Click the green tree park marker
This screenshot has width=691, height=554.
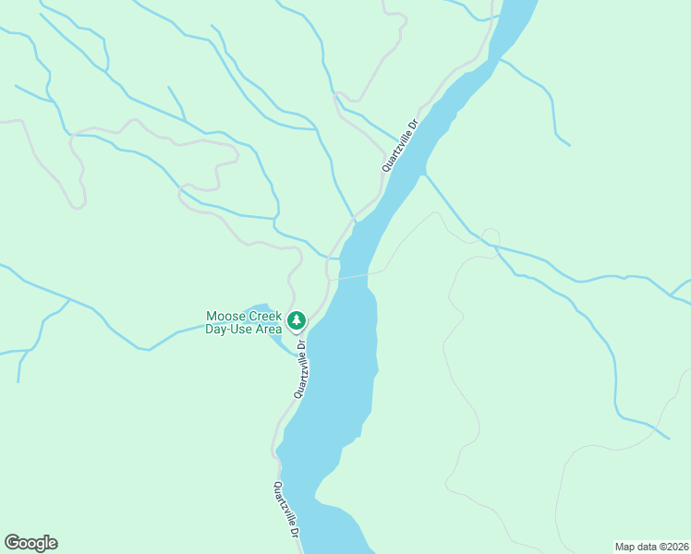point(296,321)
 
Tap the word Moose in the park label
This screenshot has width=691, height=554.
point(223,317)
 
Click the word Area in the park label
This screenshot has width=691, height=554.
point(269,330)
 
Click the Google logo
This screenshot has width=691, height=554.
point(30,543)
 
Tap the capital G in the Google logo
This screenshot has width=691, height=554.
point(12,543)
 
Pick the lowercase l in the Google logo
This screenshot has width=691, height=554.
point(45,543)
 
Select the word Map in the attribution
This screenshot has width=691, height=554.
point(625,546)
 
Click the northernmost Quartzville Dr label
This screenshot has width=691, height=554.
point(401,144)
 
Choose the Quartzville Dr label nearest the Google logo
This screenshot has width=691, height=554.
point(286,512)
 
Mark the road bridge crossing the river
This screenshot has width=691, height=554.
point(354,275)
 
